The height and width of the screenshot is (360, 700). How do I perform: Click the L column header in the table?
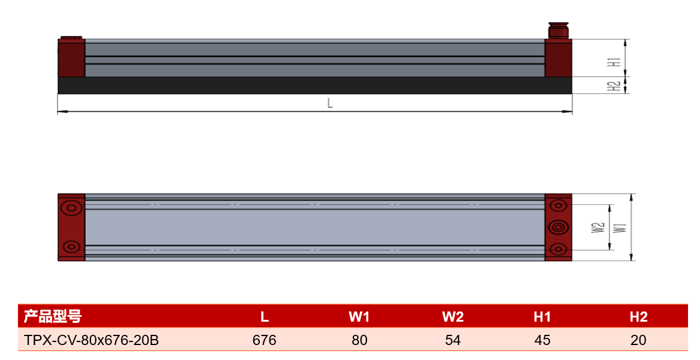264,317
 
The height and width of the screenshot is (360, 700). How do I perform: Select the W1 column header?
359,317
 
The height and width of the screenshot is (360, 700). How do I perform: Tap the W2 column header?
453,317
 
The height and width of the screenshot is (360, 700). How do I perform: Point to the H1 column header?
542,317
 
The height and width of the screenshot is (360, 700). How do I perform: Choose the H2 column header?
638,317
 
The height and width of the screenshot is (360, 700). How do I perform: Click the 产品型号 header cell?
53,316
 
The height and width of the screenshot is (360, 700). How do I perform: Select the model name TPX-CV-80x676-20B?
92,340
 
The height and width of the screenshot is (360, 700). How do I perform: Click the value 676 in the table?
264,340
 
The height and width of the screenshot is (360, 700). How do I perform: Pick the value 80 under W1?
359,340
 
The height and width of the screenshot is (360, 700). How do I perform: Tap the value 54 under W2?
453,340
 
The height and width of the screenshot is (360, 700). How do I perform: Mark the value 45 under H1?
542,340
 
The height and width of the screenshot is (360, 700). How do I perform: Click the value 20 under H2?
638,340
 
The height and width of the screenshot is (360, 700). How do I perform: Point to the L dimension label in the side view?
330,103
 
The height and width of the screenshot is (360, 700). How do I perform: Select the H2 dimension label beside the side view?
616,86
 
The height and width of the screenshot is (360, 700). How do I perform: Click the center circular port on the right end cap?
558,228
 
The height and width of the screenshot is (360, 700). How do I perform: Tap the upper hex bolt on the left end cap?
71,208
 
